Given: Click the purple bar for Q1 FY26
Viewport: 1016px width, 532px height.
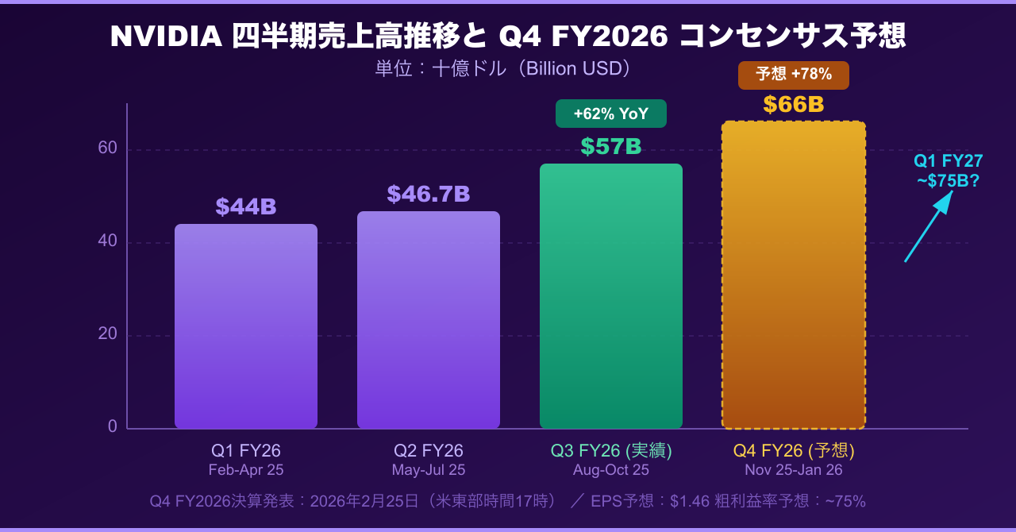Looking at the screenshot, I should [246, 326].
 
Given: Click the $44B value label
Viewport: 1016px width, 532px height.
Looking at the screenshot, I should [246, 207].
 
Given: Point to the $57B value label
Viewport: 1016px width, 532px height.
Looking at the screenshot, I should [611, 147].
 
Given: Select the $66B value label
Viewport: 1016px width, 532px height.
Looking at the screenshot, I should [793, 105].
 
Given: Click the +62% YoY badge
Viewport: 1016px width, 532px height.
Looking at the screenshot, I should [611, 114].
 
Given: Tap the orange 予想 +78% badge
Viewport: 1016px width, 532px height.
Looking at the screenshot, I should [793, 75].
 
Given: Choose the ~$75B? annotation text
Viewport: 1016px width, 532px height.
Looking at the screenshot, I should [949, 181].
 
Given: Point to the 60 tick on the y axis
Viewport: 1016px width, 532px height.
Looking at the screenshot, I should [108, 148].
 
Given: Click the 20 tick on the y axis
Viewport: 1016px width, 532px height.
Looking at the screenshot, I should [108, 333].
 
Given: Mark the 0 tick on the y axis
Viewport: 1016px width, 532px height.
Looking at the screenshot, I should [113, 426].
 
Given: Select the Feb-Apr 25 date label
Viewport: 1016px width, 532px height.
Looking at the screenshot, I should [246, 470].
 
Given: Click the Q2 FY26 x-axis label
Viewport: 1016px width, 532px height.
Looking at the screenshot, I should [429, 451].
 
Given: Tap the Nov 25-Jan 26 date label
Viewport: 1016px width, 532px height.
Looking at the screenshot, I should [793, 470].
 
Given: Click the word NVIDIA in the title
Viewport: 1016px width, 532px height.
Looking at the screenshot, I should [167, 37].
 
